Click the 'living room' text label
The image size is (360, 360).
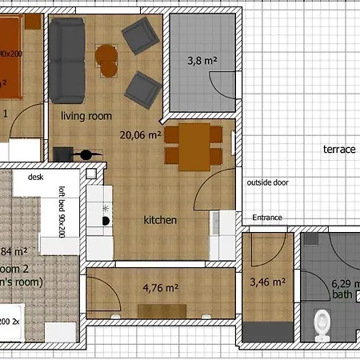click(x=86, y=116)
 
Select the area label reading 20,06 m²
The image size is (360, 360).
click(x=140, y=135)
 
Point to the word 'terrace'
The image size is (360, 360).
click(x=338, y=150)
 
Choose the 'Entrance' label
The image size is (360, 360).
click(x=267, y=218)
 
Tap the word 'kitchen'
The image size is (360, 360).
click(x=159, y=220)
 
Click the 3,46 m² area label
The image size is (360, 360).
click(x=267, y=282)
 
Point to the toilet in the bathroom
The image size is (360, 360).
click(x=322, y=322)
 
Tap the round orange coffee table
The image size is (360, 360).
click(x=106, y=58)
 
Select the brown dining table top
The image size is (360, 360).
click(x=193, y=147)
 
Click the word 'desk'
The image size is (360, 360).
click(x=34, y=178)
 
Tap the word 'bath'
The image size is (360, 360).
click(x=342, y=295)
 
